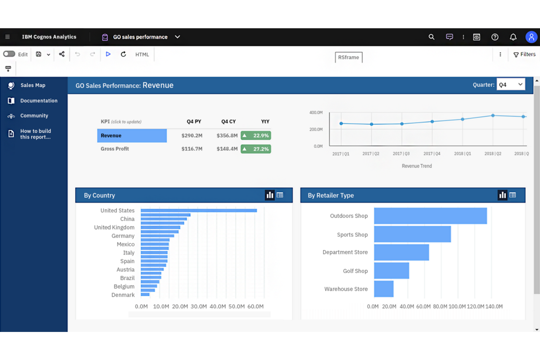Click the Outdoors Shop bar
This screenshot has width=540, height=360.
click(430, 216)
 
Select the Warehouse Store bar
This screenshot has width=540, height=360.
click(383, 289)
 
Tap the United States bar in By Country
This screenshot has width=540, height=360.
click(199, 210)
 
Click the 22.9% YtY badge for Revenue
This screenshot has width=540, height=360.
click(256, 136)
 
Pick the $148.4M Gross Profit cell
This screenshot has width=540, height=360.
click(227, 149)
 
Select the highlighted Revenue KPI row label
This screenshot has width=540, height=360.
click(132, 136)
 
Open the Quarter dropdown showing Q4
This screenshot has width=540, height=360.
click(510, 85)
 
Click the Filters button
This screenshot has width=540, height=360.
click(524, 54)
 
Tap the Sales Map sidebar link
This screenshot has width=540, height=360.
click(33, 85)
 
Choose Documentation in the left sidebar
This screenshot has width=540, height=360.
click(39, 101)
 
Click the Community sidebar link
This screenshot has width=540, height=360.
click(34, 116)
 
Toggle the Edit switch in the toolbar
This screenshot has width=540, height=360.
click(9, 54)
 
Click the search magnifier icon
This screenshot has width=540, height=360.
click(431, 37)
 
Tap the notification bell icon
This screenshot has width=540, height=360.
click(513, 37)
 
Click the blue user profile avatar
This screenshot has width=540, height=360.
click(531, 37)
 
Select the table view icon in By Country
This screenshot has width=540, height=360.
click(280, 195)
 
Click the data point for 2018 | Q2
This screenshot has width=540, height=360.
click(493, 116)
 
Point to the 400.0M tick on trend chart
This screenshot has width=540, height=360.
click(316, 113)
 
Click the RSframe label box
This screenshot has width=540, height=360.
click(348, 57)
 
